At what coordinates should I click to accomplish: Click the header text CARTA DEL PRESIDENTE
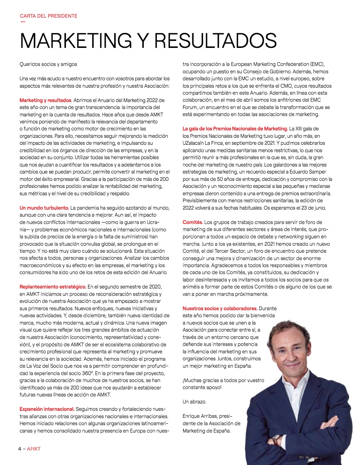[x=48, y=16]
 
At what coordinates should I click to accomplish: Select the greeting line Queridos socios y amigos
[x=48, y=64]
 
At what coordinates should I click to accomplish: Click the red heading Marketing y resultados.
[x=45, y=100]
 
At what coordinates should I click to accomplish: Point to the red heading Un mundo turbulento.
[x=44, y=208]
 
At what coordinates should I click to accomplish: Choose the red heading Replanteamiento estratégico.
[x=53, y=287]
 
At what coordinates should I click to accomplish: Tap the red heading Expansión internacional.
[x=47, y=409]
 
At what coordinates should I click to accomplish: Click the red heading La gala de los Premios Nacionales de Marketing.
[x=235, y=129]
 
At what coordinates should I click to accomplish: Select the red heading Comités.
[x=193, y=222]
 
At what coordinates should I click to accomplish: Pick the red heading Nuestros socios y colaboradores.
[x=220, y=308]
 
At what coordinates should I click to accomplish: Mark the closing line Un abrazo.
[x=195, y=402]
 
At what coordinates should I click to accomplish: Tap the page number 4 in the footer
[x=20, y=449]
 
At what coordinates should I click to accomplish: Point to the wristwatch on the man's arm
[x=275, y=440]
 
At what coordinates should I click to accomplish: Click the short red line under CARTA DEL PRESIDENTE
[x=23, y=21]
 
